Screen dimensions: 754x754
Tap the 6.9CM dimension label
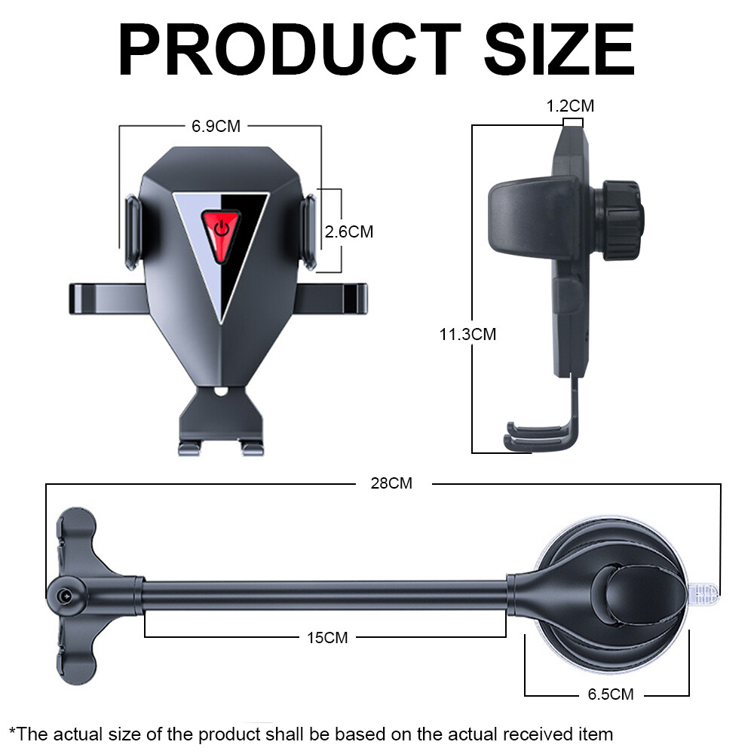216,127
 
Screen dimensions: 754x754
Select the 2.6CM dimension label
348,231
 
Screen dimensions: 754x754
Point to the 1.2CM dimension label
570,106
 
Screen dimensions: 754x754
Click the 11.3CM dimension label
467,334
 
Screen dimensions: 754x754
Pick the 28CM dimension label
391,483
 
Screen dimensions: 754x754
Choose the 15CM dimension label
327,638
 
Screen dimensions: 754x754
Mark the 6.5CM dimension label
611,694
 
